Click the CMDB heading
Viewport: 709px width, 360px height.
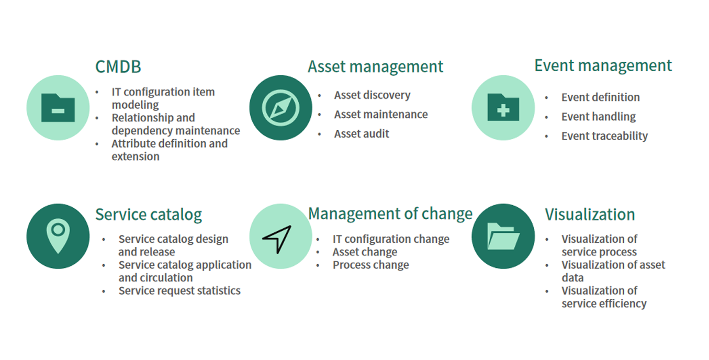[x=118, y=67]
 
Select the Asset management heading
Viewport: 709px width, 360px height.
[x=375, y=67]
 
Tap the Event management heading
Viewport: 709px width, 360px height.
[x=603, y=66]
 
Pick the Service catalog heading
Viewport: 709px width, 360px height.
[x=149, y=215]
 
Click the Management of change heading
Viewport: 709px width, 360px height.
[x=390, y=214]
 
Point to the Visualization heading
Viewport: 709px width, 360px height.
[x=590, y=215]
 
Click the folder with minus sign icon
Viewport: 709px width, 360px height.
[x=58, y=108]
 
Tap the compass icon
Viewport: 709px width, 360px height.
[x=281, y=108]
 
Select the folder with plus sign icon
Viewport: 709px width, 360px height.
[x=503, y=107]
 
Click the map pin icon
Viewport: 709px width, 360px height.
[x=58, y=236]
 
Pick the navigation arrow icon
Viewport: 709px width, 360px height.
[x=277, y=239]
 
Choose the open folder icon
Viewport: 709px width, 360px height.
[x=503, y=236]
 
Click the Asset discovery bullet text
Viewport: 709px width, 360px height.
[x=372, y=95]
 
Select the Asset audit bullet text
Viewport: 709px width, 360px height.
[x=362, y=134]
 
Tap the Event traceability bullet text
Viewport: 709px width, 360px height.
[x=604, y=136]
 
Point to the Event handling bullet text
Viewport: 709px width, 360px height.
[x=599, y=117]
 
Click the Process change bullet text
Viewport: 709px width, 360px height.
[x=370, y=265]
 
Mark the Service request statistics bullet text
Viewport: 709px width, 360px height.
[x=179, y=291]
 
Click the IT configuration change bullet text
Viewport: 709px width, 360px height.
[x=391, y=239]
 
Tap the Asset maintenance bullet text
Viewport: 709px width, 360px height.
[x=381, y=114]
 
